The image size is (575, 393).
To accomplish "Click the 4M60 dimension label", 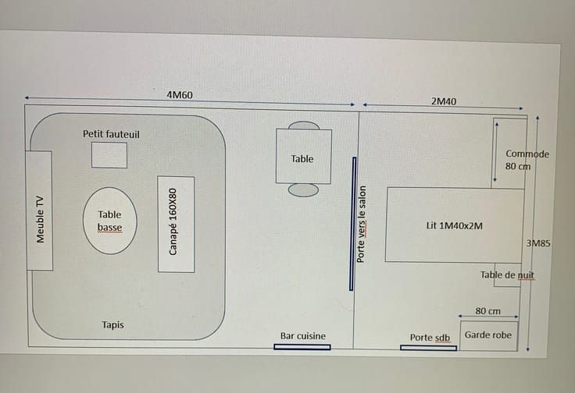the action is coord(180,95).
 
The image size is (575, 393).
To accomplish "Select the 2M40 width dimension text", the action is coord(444,101).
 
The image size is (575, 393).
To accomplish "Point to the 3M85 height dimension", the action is coord(538,243).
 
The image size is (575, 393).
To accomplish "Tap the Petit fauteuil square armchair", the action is coord(109,155).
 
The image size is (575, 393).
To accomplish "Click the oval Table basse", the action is coord(109,221).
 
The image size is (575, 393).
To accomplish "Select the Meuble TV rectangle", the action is coord(39,211).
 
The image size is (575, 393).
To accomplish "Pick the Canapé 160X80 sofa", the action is coord(176,225).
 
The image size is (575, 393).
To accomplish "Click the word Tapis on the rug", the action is coord(113,324).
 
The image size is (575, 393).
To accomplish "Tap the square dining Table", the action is coord(304,156).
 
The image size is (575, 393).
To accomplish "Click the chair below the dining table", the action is coord(303,190).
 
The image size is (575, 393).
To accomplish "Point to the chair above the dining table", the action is coord(304,126).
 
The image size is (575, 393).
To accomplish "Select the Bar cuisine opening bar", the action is coord(302,347).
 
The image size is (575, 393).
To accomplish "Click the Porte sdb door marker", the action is coord(428,348).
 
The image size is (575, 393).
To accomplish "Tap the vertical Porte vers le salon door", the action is coord(353,224).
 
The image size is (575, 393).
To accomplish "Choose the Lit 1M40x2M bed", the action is coord(455,225).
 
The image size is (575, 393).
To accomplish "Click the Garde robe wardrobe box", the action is coord(489,336).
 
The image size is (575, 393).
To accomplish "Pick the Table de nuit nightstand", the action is coord(508,274).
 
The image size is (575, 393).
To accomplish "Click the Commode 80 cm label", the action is coord(527,160).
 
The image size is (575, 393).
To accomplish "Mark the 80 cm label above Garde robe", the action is coord(487,311).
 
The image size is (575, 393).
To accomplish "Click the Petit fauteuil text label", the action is coord(111,134).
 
